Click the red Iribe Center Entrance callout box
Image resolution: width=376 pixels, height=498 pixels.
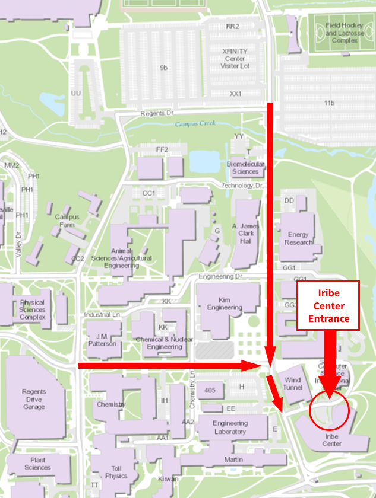coord(328,305)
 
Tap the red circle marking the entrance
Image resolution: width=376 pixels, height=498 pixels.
coord(328,408)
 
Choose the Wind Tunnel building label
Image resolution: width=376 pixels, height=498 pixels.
coord(293,384)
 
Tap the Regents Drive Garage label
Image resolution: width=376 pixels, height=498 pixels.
coord(34,399)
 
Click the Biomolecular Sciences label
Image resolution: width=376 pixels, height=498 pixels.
coord(245,168)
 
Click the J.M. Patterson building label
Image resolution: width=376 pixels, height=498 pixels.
coord(102,340)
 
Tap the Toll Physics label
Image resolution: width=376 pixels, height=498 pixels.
coord(116,472)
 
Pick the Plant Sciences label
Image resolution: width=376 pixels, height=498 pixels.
coord(37,464)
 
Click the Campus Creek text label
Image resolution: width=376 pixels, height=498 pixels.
coord(195,124)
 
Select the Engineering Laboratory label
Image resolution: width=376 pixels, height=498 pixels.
coord(230,427)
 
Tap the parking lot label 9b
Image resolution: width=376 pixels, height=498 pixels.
coord(163,68)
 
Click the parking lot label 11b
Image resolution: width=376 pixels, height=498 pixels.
coord(329,104)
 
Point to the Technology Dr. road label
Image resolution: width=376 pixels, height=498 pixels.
coord(242,186)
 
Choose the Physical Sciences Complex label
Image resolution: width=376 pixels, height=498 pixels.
coord(32,309)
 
